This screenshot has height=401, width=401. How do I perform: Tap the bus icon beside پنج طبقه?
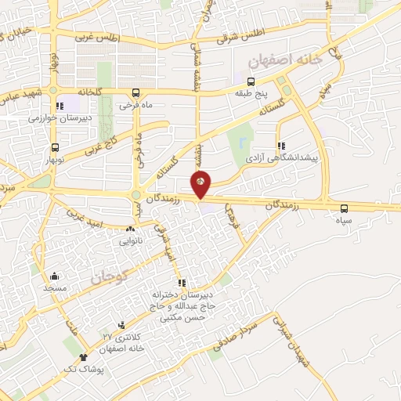pos(251,81)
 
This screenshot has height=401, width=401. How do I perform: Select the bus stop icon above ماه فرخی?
pos(136,91)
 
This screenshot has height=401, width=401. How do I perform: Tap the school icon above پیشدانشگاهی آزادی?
pos(280,145)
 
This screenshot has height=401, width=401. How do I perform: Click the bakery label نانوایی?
pos(130,241)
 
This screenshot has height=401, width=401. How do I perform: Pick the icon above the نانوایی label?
pos(130,229)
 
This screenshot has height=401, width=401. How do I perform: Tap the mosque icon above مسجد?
pos(54,276)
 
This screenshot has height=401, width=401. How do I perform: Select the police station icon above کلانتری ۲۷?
pos(121,325)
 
